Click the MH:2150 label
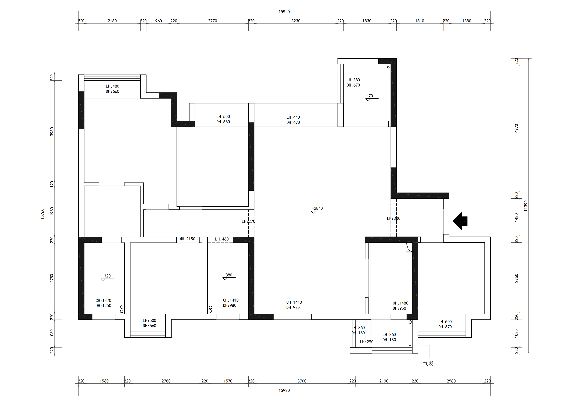[187, 239]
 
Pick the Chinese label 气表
[428, 363]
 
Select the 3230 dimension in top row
[296, 21]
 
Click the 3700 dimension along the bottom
[302, 381]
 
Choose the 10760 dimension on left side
[43, 214]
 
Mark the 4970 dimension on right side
[517, 128]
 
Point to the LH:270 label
[248, 221]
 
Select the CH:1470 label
[103, 300]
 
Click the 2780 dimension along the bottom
[166, 381]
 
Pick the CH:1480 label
[400, 303]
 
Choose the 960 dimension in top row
[158, 21]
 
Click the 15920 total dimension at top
[284, 12]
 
